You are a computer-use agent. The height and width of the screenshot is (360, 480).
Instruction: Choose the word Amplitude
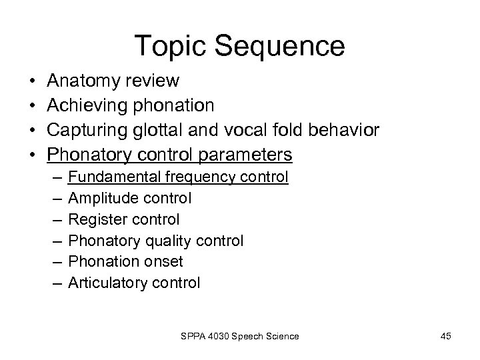click(x=102, y=198)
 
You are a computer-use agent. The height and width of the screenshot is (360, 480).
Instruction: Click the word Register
click(x=96, y=219)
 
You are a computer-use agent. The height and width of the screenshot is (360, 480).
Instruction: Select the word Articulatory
click(x=109, y=283)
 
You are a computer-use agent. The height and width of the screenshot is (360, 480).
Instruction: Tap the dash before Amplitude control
click(x=54, y=198)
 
